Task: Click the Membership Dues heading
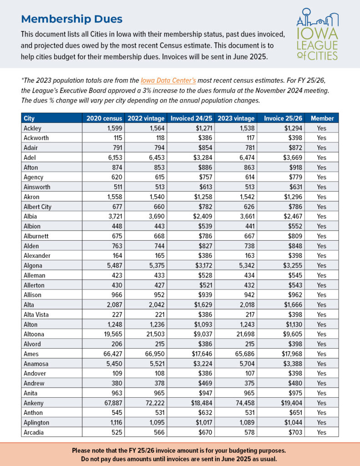pyautogui.click(x=71, y=19)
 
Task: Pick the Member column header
pyautogui.click(x=322, y=118)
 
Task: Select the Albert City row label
pyautogui.click(x=37, y=207)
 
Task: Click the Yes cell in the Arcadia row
pyautogui.click(x=322, y=432)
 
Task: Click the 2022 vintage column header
pyautogui.click(x=145, y=118)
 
